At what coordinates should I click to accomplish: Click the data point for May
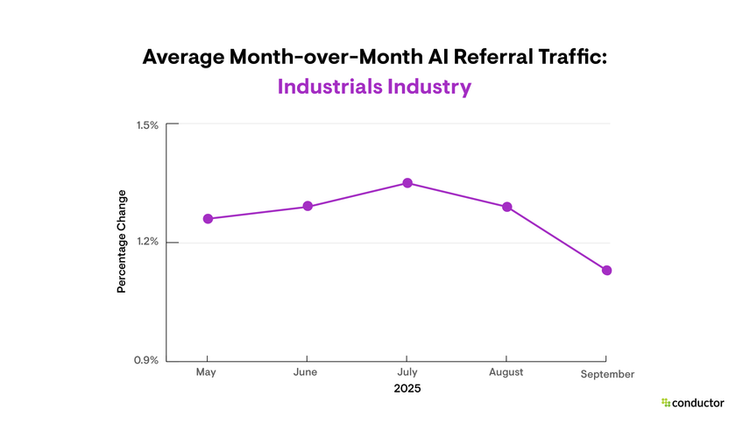click(208, 218)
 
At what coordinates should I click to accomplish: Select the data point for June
click(308, 206)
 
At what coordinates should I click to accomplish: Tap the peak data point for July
click(407, 183)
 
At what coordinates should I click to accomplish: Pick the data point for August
click(506, 207)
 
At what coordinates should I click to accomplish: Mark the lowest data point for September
click(606, 271)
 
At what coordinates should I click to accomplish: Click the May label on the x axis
click(206, 372)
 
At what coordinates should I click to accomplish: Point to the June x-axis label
click(306, 372)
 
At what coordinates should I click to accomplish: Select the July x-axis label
click(406, 372)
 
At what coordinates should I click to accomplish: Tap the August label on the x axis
click(506, 372)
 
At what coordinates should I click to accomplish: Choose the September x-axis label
click(607, 374)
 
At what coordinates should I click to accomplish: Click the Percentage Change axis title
click(122, 241)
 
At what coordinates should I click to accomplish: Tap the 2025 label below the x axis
click(407, 387)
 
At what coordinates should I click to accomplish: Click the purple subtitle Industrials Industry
click(374, 88)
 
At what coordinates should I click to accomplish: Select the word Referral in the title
click(485, 57)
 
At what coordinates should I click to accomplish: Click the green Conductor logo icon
click(666, 403)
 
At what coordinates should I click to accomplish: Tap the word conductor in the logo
click(698, 403)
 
